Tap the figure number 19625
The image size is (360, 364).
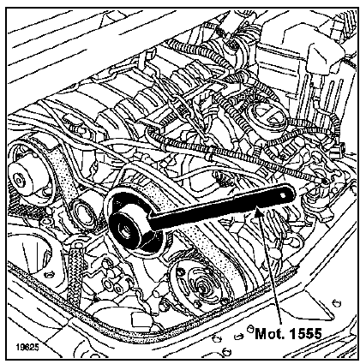coord(27,348)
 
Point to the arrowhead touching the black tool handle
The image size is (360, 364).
coord(259,212)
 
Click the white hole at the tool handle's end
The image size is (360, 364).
coord(283,195)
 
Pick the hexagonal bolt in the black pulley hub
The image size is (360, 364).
coord(125,230)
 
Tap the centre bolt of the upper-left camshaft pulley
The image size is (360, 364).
coord(19,181)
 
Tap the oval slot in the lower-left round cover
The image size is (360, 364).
coord(50,275)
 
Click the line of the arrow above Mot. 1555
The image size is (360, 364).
coord(271,268)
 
